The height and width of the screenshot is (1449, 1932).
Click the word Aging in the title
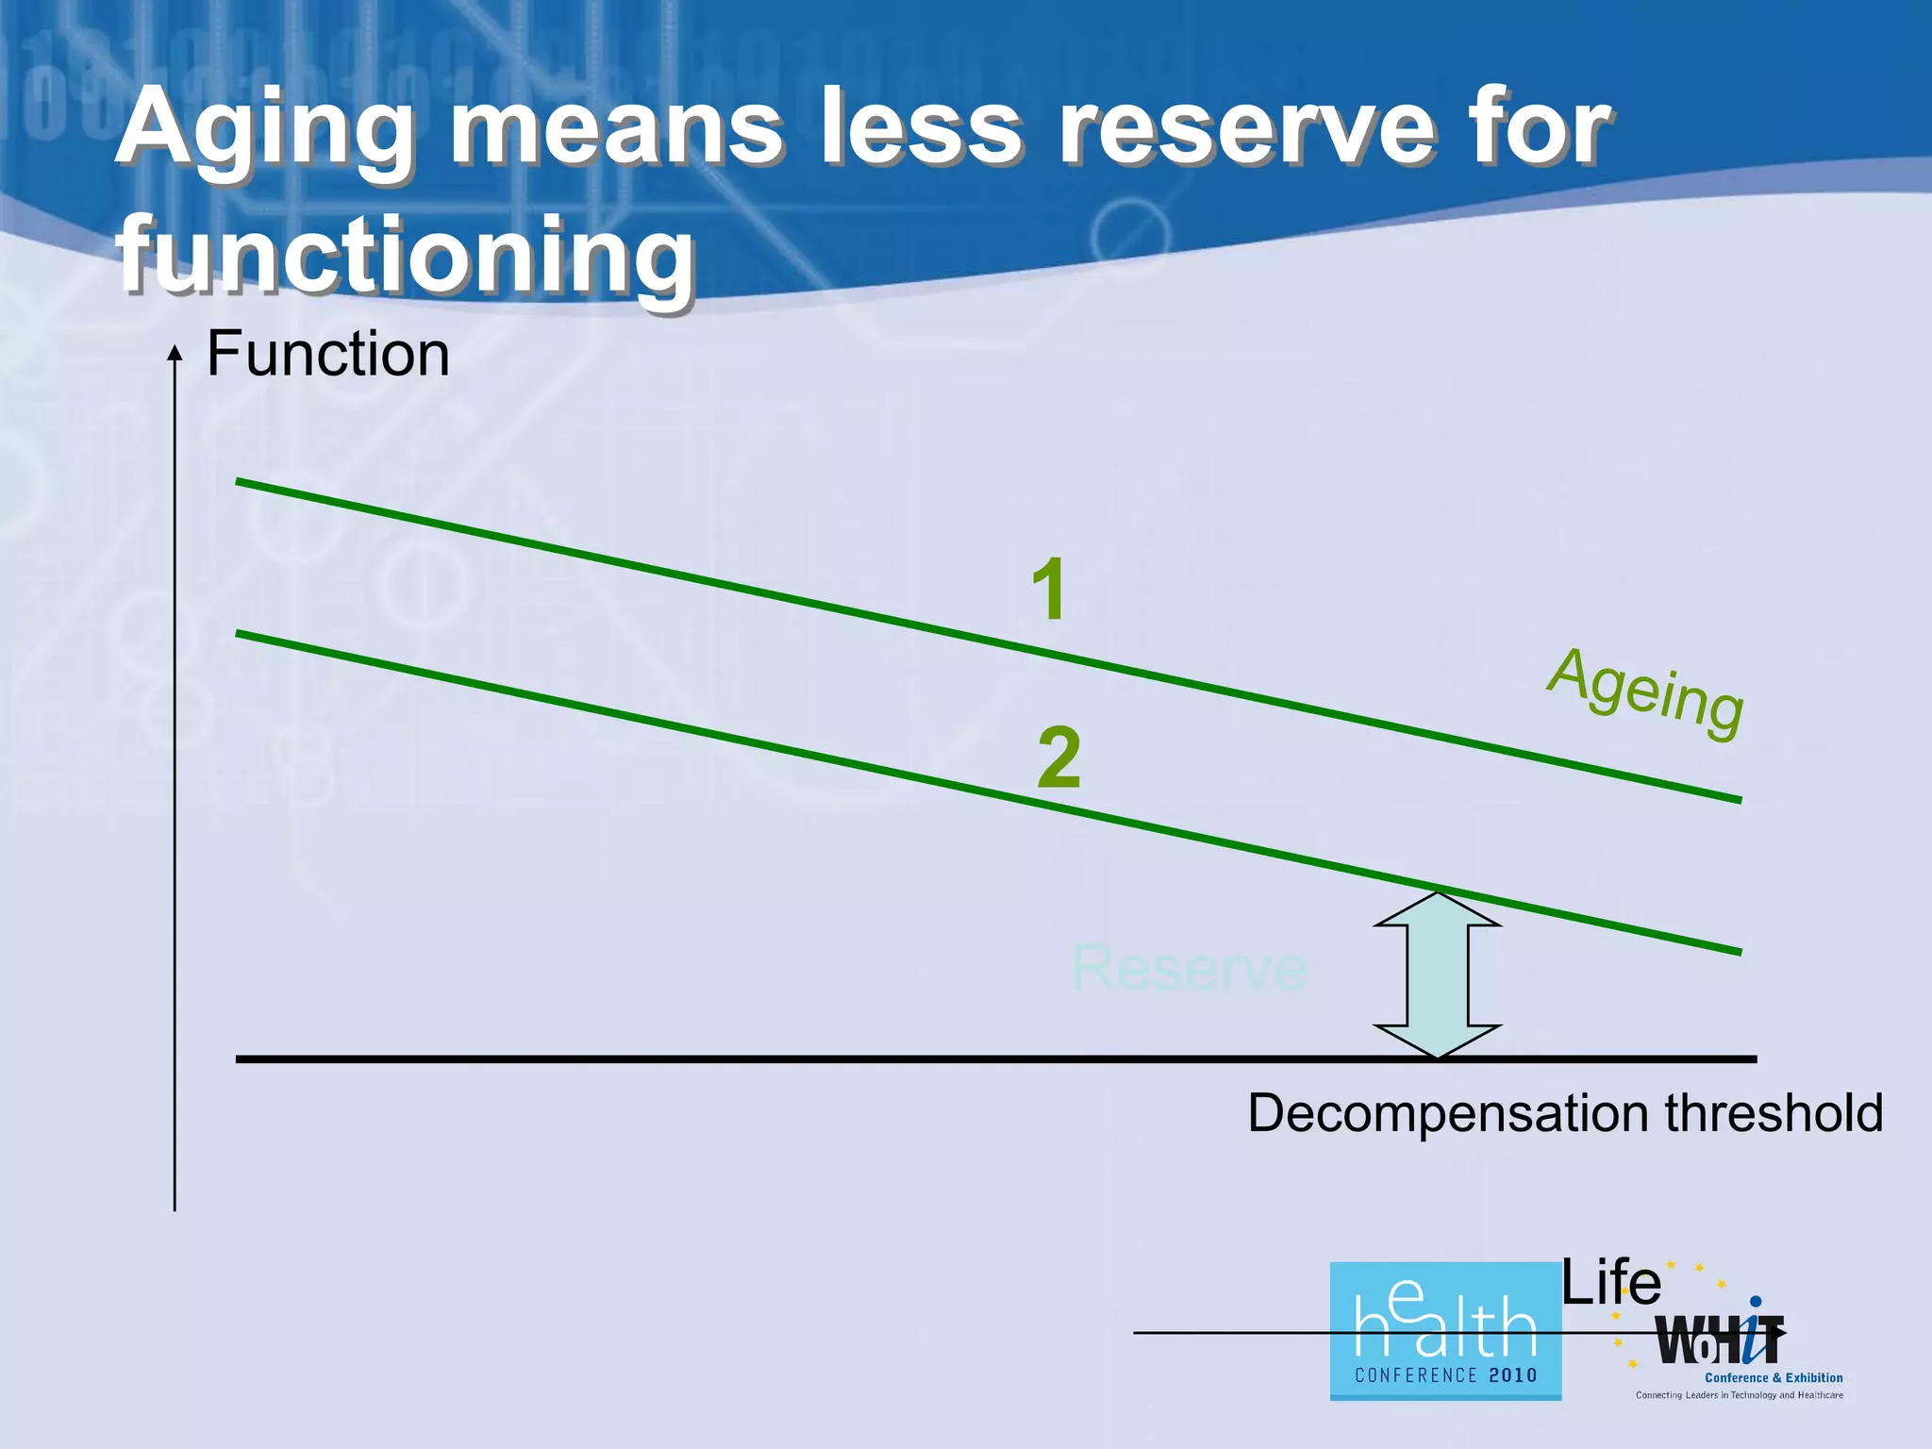[264, 132]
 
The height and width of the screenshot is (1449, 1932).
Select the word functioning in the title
[406, 255]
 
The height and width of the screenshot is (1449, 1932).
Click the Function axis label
[327, 355]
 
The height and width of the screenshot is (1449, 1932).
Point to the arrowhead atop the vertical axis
[175, 354]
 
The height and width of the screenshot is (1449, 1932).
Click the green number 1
[1049, 590]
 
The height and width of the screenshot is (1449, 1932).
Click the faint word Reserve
[1189, 968]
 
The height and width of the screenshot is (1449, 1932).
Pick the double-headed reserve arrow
[1437, 974]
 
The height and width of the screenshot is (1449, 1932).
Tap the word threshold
[1774, 1113]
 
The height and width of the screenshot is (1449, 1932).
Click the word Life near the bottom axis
[1610, 1283]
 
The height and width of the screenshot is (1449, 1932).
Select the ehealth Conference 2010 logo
[1444, 1330]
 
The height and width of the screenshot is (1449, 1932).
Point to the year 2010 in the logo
[1513, 1375]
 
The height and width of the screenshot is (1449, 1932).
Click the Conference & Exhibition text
[1774, 1378]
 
